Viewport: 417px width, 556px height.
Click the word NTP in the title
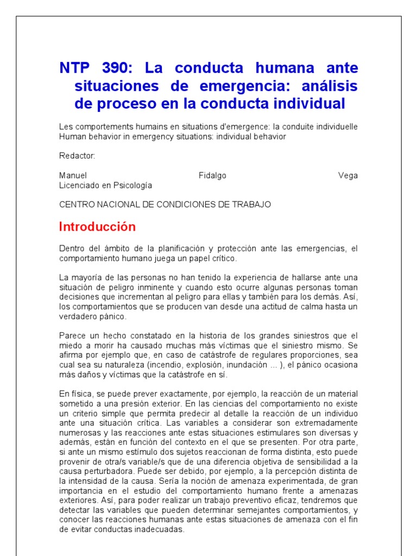point(75,68)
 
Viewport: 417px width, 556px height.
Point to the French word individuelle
point(335,127)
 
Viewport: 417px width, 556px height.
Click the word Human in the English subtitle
point(71,136)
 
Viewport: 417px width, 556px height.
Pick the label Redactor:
point(77,156)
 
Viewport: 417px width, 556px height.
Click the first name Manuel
point(73,175)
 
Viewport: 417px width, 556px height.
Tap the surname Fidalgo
point(212,175)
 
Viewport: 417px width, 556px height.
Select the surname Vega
point(347,175)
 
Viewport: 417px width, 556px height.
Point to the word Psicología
point(132,185)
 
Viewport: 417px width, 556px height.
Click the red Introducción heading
point(97,226)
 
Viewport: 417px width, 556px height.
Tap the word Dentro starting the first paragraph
point(71,248)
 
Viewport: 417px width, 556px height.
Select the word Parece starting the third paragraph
point(72,336)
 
